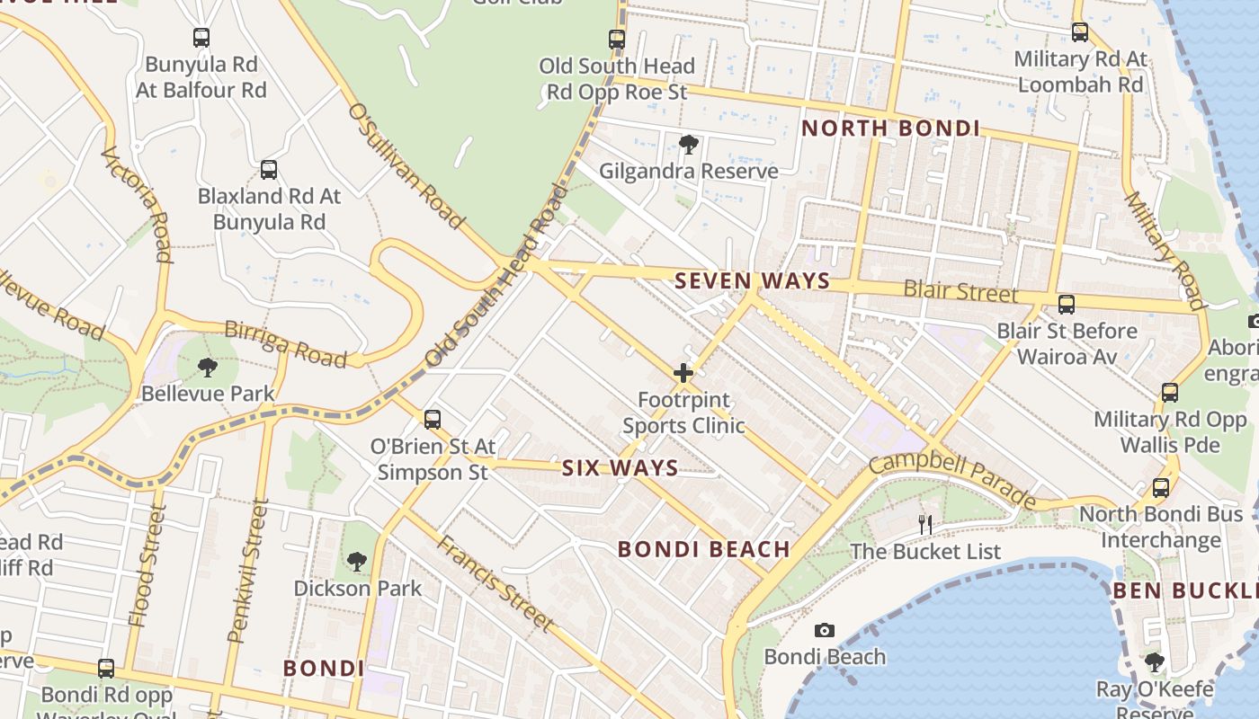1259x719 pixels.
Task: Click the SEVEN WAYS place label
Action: (x=752, y=280)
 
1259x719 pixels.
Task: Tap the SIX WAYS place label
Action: (x=620, y=468)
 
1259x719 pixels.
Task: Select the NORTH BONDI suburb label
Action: (x=890, y=129)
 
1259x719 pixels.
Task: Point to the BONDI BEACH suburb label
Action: (x=704, y=549)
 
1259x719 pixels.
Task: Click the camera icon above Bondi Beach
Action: (x=824, y=631)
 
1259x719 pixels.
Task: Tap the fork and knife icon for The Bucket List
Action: (x=924, y=524)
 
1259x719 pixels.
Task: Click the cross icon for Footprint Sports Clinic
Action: (x=683, y=372)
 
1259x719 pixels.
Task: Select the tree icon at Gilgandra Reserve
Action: (x=688, y=144)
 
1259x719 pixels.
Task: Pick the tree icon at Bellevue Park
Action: (x=208, y=367)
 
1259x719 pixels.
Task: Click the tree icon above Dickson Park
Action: (x=356, y=562)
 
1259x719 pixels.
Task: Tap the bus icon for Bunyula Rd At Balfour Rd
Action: (x=201, y=38)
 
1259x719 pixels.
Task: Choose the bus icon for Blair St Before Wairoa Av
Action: (x=1066, y=305)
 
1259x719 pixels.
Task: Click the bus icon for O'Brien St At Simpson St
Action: (x=433, y=419)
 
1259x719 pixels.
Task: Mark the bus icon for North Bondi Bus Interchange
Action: (x=1161, y=488)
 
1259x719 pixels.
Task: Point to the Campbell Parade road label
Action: (x=952, y=481)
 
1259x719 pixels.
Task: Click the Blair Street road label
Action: (x=960, y=291)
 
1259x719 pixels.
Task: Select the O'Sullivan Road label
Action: (x=406, y=165)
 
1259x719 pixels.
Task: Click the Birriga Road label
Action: (x=285, y=343)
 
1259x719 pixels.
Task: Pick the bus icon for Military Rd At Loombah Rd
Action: (x=1080, y=32)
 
